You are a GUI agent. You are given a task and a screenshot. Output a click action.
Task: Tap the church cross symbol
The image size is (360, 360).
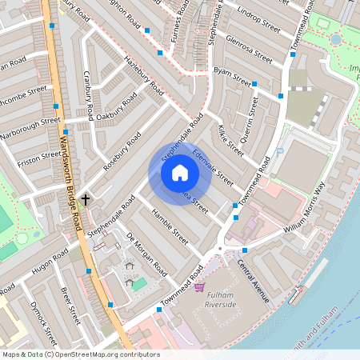pyautogui.click(x=86, y=197)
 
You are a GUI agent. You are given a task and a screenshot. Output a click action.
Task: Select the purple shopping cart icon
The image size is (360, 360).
pyautogui.click(x=199, y=286)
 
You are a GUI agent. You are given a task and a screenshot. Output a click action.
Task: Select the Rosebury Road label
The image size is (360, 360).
pyautogui.click(x=122, y=151)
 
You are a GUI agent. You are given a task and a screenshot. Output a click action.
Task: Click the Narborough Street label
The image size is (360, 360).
pyautogui.click(x=30, y=128)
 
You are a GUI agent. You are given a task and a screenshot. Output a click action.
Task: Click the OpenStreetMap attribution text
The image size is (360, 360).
pyautogui.click(x=80, y=354)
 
